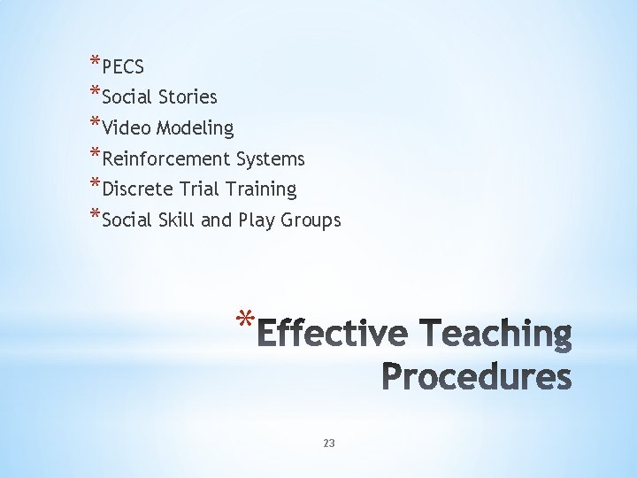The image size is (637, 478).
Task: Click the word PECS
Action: pos(123,67)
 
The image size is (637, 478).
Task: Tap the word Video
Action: pos(127,128)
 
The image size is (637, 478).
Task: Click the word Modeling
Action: pos(195,128)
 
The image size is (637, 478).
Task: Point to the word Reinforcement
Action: pos(166,159)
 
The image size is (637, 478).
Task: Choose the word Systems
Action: pos(270,159)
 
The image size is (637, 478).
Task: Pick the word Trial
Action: pos(197,189)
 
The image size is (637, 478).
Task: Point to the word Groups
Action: pos(311,220)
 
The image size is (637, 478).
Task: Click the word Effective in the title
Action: pos(336,335)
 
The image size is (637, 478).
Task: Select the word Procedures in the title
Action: pos(477,377)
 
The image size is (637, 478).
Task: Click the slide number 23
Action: pos(329,443)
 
